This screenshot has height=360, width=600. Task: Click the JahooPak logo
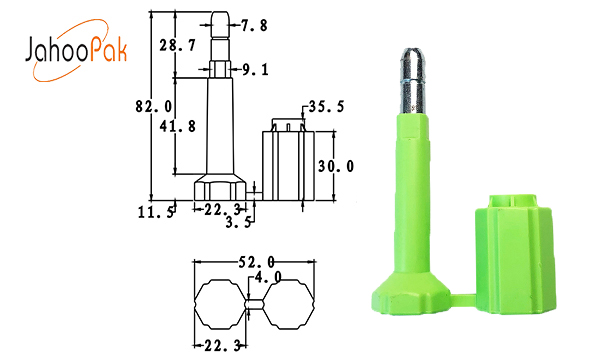tap(77, 50)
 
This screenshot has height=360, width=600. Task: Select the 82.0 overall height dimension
tap(154, 106)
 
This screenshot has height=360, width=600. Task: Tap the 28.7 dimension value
tap(178, 46)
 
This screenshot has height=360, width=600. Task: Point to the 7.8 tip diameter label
tap(254, 26)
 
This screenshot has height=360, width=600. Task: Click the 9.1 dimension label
tap(255, 70)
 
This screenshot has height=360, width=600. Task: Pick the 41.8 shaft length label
tap(178, 126)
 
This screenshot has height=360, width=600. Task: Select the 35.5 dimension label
tap(326, 106)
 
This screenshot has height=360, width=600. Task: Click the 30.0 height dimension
tap(336, 166)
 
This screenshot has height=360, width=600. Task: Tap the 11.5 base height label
tap(156, 212)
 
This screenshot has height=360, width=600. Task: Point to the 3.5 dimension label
tap(238, 222)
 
